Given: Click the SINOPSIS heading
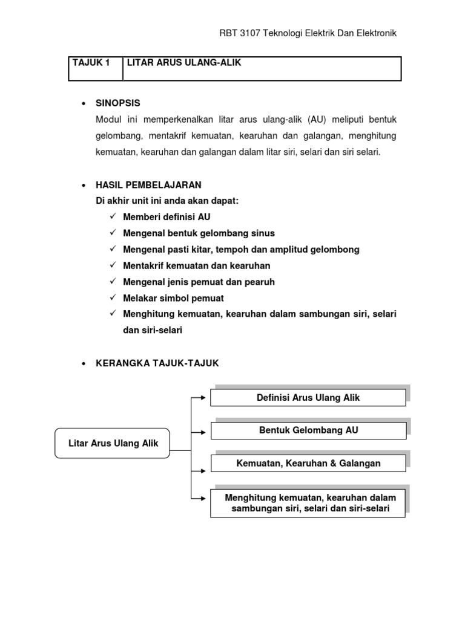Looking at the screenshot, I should click(118, 103).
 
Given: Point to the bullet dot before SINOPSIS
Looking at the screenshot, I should click(83, 104).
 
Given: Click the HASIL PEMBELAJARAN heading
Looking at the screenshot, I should click(148, 184).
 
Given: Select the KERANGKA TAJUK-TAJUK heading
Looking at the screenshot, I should click(157, 363).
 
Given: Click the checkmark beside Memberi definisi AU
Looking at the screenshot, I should click(113, 216).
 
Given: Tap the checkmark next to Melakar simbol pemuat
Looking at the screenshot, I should click(113, 298).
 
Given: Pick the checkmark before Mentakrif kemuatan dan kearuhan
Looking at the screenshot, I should click(113, 265).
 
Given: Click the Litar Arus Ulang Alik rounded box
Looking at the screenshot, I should click(113, 444).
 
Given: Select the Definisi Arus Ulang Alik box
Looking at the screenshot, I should click(308, 398).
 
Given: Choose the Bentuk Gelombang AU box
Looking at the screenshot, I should click(308, 430).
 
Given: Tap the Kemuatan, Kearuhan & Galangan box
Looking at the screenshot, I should click(308, 464).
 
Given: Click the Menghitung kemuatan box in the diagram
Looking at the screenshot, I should click(308, 503).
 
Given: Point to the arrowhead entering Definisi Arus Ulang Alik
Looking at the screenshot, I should click(206, 398).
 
